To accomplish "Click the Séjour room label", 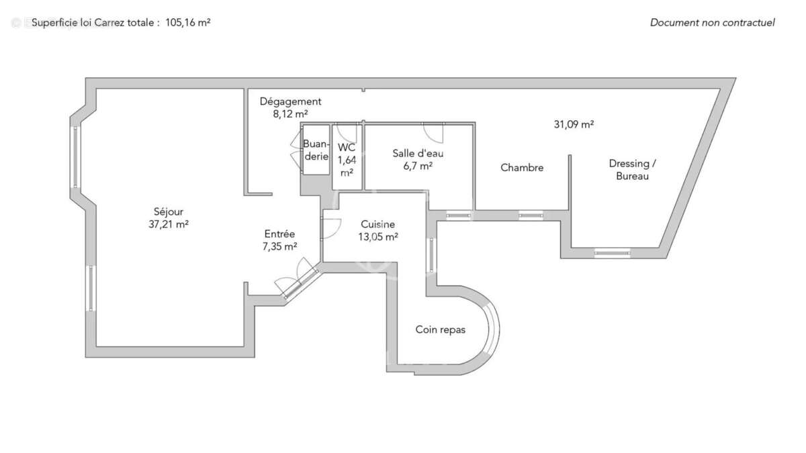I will tap(168, 211).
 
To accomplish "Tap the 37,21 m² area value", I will tap(168, 225).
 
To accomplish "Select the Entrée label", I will tap(280, 234).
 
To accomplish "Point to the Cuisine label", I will tap(377, 224).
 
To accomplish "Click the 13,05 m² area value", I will tap(377, 236).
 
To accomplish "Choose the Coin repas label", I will tap(440, 330).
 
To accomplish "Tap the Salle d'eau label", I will tap(418, 153).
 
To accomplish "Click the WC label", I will tap(347, 148).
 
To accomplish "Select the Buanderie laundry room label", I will tap(316, 150).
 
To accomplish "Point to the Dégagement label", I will tap(291, 101).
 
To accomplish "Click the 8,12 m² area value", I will tap(290, 114).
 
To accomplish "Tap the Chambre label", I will tap(522, 168).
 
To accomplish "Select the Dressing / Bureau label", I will tap(629, 170).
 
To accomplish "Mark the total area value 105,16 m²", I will tap(188, 22).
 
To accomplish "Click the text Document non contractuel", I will tap(712, 22).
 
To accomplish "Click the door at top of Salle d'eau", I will tap(433, 132).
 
